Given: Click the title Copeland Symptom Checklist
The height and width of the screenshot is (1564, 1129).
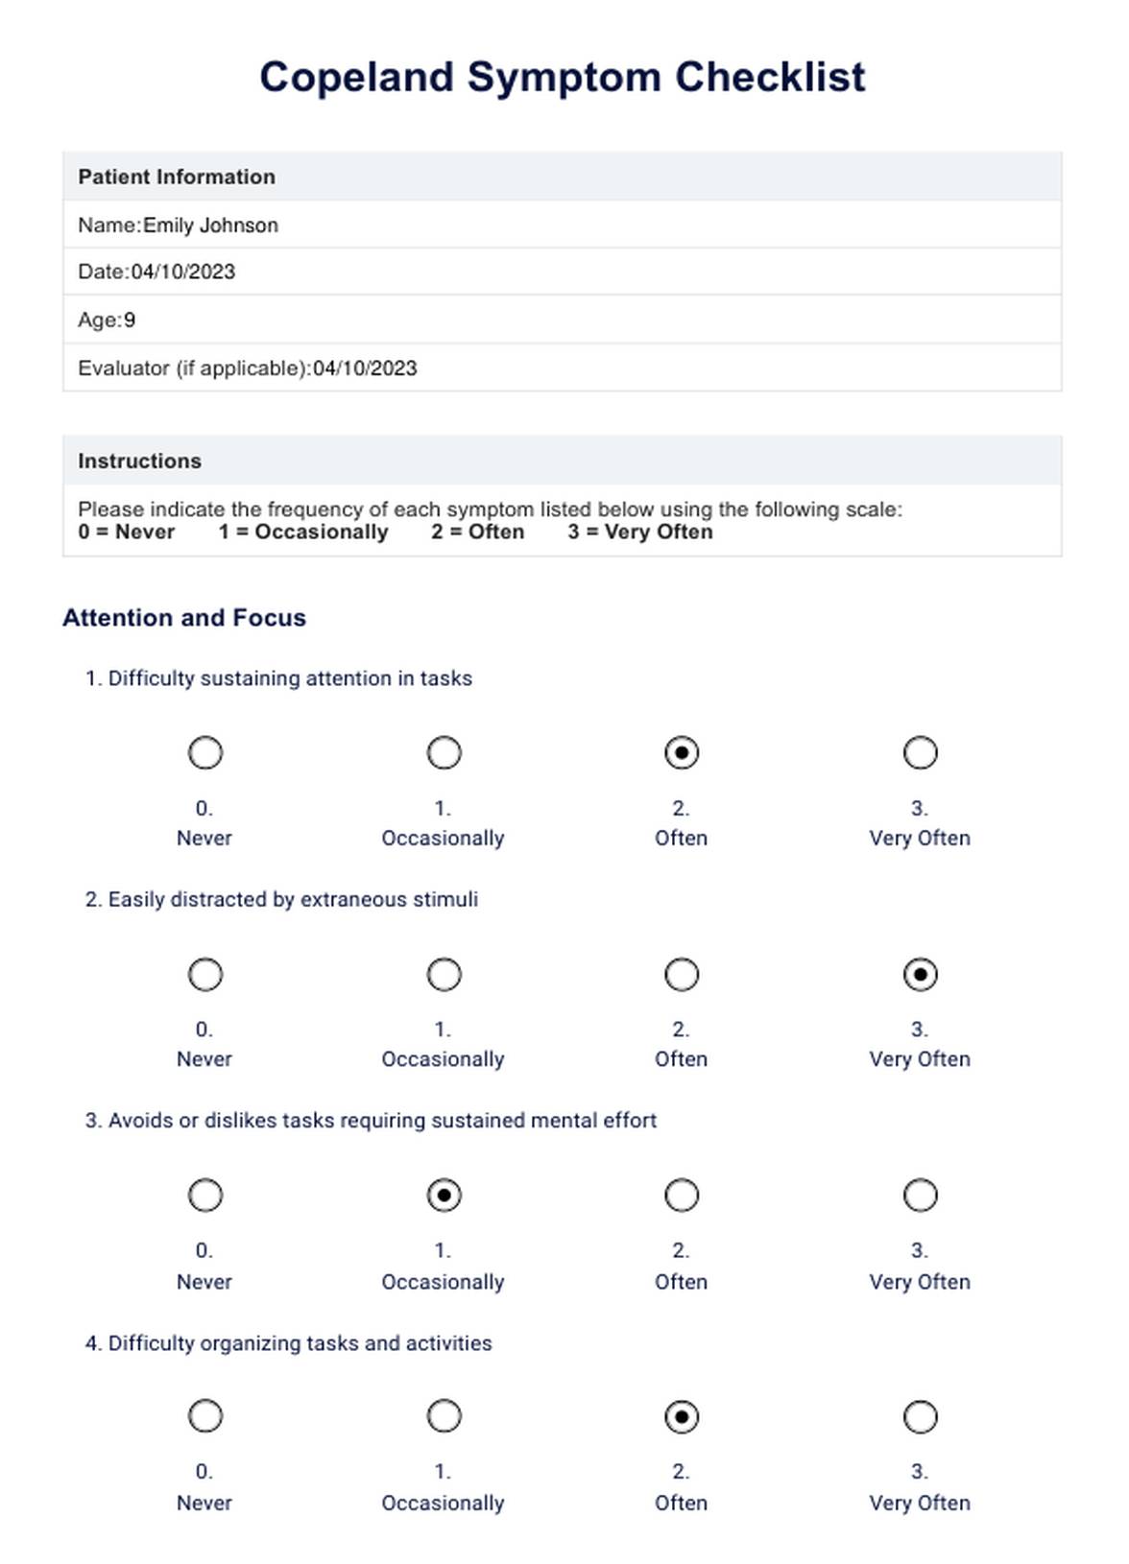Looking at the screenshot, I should pyautogui.click(x=563, y=78).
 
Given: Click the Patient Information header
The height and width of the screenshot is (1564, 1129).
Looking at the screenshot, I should pyautogui.click(x=177, y=177).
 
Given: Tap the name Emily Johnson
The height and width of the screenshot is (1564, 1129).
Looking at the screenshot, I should pyautogui.click(x=210, y=225).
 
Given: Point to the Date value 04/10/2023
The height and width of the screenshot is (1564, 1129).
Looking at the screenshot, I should pyautogui.click(x=183, y=273).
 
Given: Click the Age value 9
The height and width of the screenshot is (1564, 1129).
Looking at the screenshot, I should pyautogui.click(x=130, y=320).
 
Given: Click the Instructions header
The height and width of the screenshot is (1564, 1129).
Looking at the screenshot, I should pyautogui.click(x=140, y=462).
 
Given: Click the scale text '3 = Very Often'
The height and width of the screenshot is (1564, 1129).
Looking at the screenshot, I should pyautogui.click(x=640, y=533).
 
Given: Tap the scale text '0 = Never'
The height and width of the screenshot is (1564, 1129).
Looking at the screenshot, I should pyautogui.click(x=127, y=533).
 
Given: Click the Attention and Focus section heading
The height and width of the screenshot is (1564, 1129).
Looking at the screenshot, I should pyautogui.click(x=184, y=618).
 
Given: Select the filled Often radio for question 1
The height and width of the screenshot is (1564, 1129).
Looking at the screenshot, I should pyautogui.click(x=682, y=753).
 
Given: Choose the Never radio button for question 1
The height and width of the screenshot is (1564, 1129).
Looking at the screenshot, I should pyautogui.click(x=205, y=753).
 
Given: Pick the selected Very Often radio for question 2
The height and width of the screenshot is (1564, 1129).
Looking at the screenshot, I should pyautogui.click(x=921, y=975).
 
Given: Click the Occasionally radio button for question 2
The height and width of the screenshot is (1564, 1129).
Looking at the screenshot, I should pyautogui.click(x=444, y=975).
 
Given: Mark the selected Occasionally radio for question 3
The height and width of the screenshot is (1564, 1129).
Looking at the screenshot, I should pyautogui.click(x=444, y=1196).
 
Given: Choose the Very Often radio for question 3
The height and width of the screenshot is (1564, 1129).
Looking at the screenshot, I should pyautogui.click(x=921, y=1196).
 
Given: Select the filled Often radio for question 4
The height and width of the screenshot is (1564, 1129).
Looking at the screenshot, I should pyautogui.click(x=682, y=1417).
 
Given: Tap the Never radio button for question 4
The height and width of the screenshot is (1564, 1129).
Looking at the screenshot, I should pyautogui.click(x=205, y=1417).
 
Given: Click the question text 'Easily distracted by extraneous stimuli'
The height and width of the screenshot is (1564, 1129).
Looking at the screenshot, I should pyautogui.click(x=292, y=900).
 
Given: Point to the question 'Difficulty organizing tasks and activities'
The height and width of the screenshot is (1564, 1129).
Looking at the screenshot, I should pyautogui.click(x=299, y=1343).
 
